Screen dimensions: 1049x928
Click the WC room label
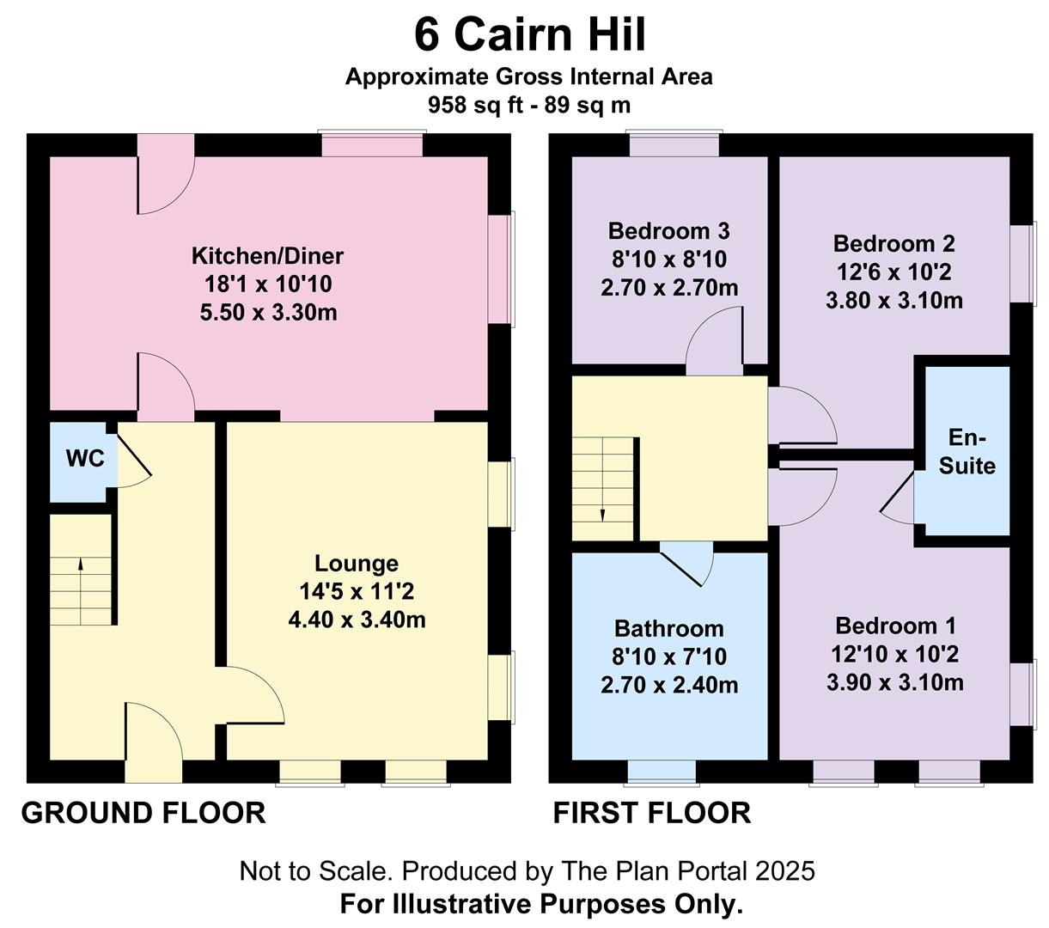pos(85,458)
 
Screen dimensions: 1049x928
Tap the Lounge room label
pos(357,564)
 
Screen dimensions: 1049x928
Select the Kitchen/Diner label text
pos(267,256)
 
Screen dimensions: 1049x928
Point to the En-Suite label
pos(967,452)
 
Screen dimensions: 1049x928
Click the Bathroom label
pos(669,629)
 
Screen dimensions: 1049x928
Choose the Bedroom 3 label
pos(668,231)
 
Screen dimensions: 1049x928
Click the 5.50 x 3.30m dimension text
pos(268,312)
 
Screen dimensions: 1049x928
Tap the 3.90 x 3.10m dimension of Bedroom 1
pos(894,682)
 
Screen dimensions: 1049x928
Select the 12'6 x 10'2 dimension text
pos(893,272)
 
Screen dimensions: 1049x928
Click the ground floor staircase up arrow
pos(80,591)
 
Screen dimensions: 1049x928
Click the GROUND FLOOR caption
pos(143,813)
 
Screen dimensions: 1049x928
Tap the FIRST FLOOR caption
pos(652,813)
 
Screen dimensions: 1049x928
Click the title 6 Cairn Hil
pos(530,34)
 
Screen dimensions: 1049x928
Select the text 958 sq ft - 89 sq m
pos(529,105)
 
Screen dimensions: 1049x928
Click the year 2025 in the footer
pos(785,871)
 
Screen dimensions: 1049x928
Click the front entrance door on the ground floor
pos(154,742)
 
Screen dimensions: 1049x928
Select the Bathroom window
pos(662,773)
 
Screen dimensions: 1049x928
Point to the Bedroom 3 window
pos(674,143)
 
